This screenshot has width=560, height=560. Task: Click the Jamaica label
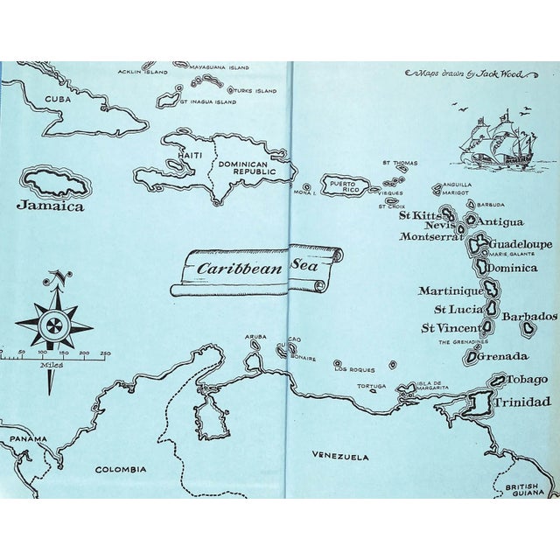(50, 206)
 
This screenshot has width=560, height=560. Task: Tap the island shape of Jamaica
(57, 184)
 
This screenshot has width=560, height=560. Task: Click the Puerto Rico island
(345, 185)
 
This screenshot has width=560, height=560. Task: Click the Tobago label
(529, 379)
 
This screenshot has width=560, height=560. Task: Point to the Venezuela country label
(340, 456)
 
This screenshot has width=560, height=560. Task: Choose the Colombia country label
(121, 469)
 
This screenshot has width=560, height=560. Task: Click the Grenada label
(503, 356)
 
